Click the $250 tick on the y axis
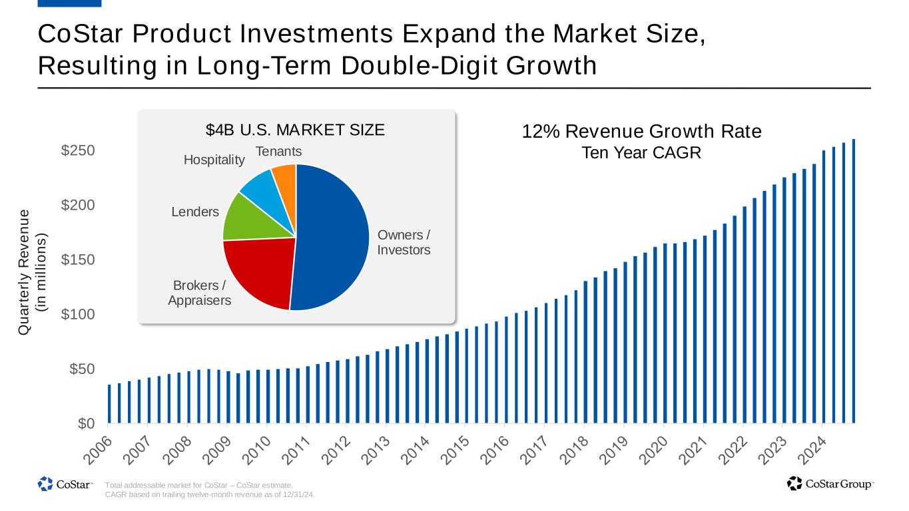[79, 151]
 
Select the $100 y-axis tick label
[79, 314]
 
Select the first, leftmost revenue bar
[109, 404]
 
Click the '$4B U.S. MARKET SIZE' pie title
[295, 130]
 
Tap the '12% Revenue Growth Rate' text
[641, 132]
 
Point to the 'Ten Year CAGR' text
[641, 152]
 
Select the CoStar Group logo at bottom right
[830, 484]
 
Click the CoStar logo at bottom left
[65, 484]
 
